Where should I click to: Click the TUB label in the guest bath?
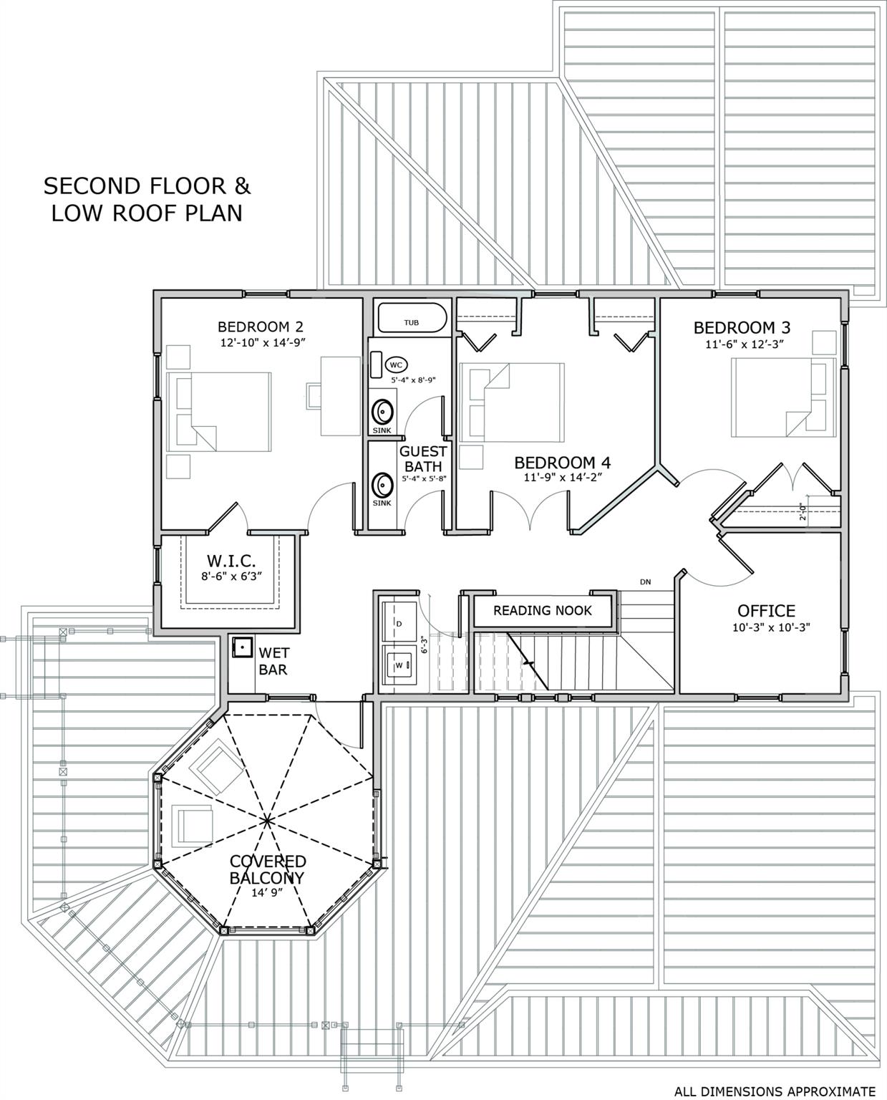pyautogui.click(x=411, y=323)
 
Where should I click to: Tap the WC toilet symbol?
pyautogui.click(x=396, y=364)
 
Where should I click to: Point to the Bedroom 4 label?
pyautogui.click(x=562, y=462)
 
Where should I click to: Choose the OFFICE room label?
pyautogui.click(x=766, y=611)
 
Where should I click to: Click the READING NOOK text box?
pyautogui.click(x=543, y=611)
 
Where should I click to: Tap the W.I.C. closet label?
pyautogui.click(x=231, y=561)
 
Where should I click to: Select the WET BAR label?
pyautogui.click(x=273, y=661)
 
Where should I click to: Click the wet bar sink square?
pyautogui.click(x=243, y=647)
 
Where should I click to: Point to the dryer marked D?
pyautogui.click(x=399, y=624)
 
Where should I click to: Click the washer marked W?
pyautogui.click(x=398, y=666)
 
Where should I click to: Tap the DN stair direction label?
pyautogui.click(x=645, y=582)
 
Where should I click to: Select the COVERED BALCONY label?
pyautogui.click(x=267, y=869)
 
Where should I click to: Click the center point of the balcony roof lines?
pyautogui.click(x=266, y=819)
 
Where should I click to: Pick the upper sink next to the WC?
pyautogui.click(x=383, y=412)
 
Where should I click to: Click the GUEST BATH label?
pyautogui.click(x=422, y=459)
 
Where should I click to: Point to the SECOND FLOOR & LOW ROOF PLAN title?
pyautogui.click(x=147, y=199)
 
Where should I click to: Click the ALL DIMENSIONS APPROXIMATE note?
pyautogui.click(x=775, y=1091)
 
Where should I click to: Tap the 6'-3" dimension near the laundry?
pyautogui.click(x=424, y=645)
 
